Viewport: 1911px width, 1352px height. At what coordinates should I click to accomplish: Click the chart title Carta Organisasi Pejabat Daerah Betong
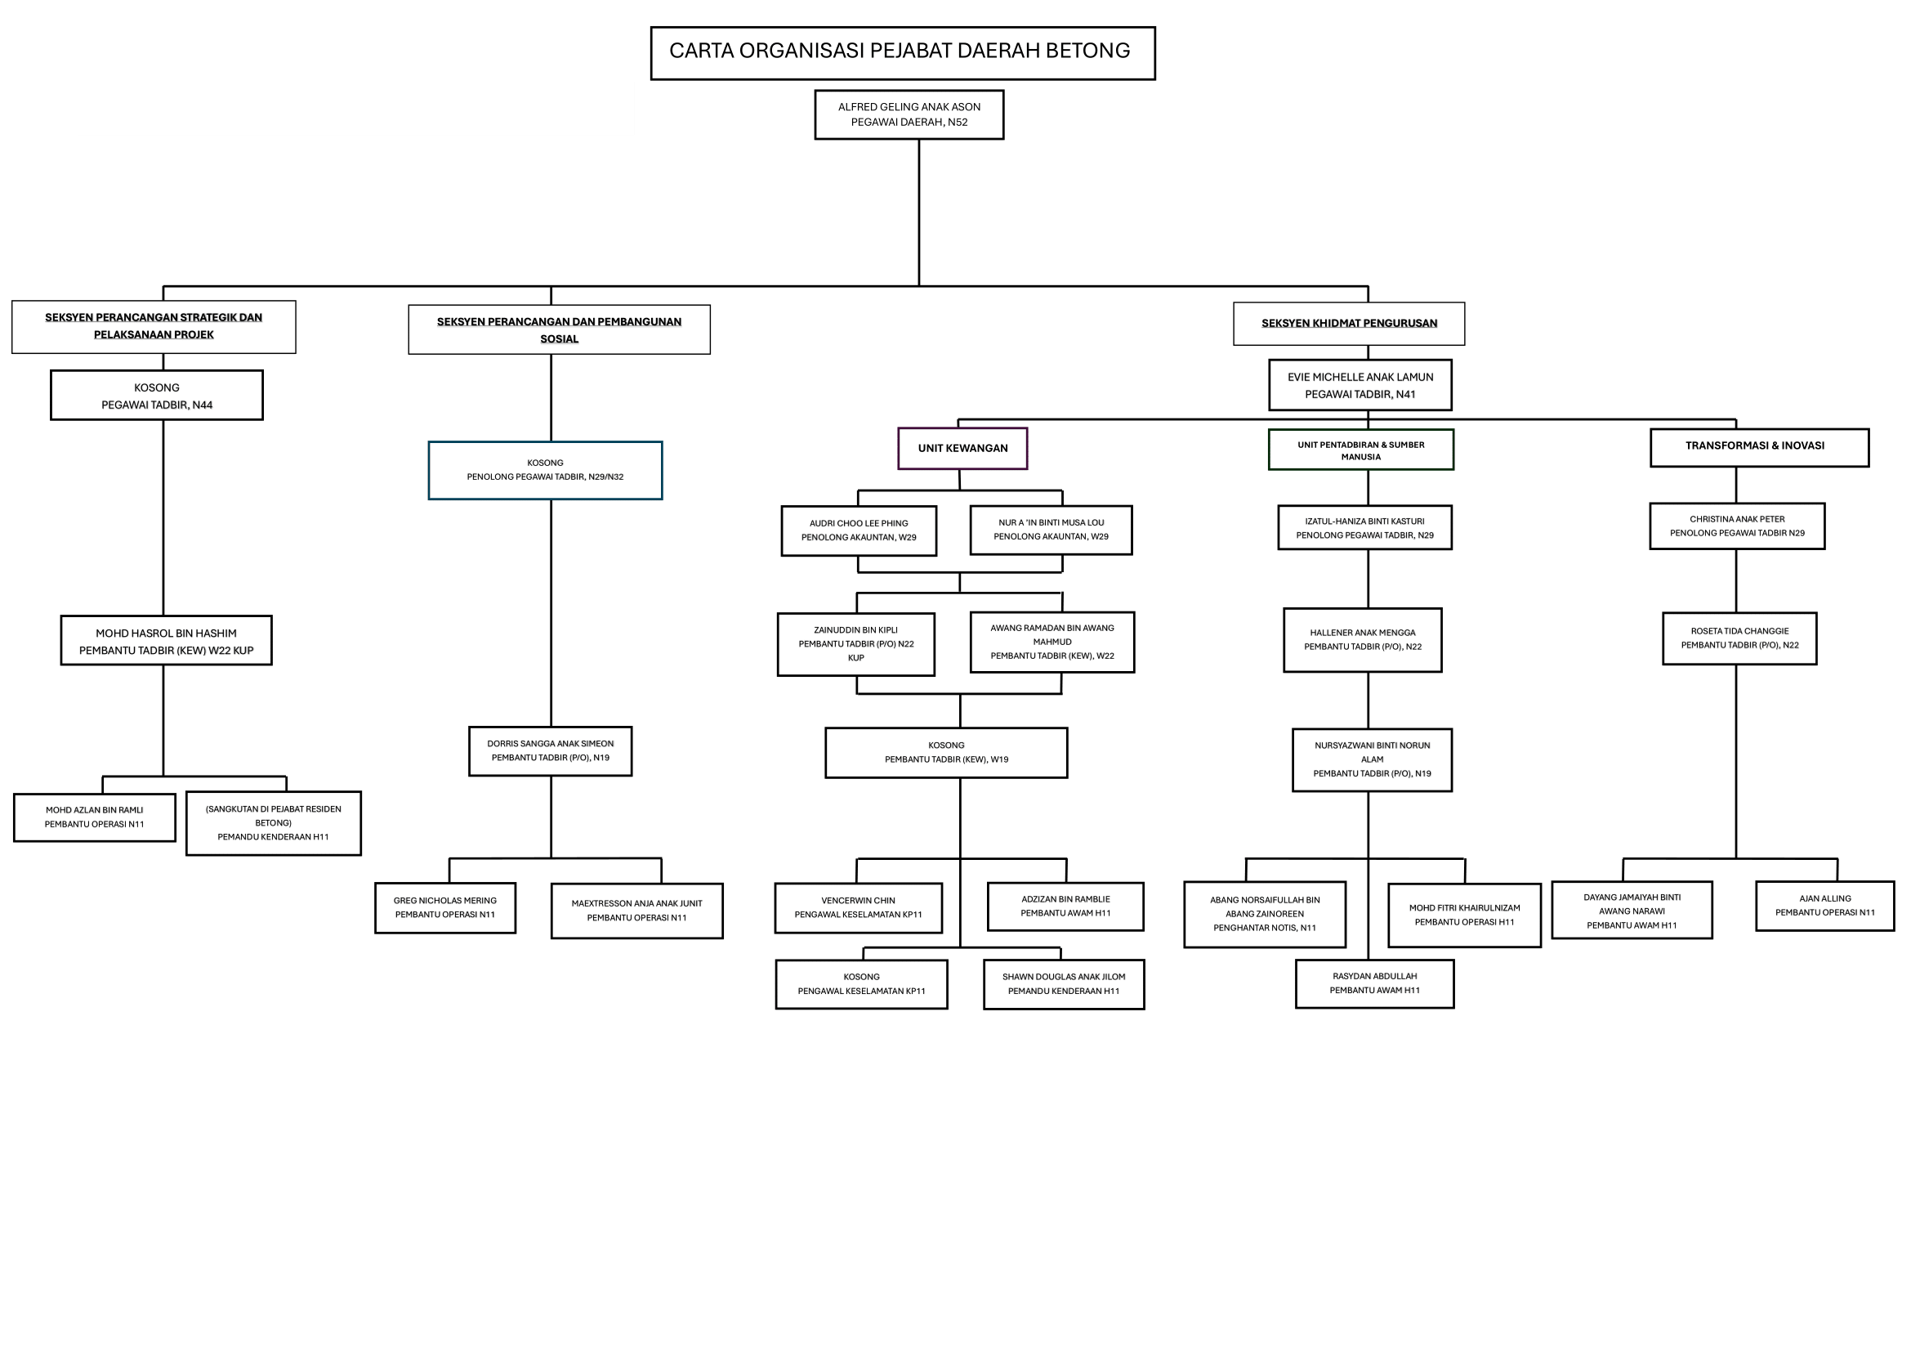[902, 52]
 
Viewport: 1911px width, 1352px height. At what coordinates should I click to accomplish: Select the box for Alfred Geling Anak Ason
[909, 115]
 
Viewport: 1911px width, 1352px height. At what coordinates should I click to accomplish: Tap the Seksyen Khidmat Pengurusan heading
[1348, 324]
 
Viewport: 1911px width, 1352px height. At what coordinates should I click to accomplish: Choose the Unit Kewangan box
[962, 449]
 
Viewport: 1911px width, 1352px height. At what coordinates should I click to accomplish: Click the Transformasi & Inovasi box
[1760, 447]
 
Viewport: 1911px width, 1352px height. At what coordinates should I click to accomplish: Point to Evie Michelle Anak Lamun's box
[1360, 386]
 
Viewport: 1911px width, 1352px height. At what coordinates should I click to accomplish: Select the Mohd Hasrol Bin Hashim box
[167, 641]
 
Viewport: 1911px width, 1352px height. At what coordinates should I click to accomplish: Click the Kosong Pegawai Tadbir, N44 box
[157, 396]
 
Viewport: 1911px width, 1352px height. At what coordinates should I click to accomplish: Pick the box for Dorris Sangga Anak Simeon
[550, 751]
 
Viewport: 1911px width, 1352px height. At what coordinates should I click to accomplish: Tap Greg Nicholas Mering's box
[445, 907]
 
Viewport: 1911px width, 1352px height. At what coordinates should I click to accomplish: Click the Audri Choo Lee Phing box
[859, 531]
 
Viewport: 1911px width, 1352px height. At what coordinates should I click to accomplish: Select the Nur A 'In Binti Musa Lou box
[1051, 531]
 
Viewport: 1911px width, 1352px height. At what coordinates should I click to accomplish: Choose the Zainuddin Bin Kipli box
[855, 644]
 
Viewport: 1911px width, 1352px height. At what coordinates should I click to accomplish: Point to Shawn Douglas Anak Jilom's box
[1064, 984]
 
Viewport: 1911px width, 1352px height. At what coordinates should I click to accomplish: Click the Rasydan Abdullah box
[1374, 983]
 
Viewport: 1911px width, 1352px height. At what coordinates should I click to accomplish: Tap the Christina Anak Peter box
[1737, 526]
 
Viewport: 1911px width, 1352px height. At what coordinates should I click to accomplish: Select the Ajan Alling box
[1824, 906]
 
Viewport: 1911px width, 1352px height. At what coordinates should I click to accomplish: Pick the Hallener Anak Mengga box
[1363, 640]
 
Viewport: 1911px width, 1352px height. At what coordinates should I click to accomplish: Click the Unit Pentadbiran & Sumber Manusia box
[1361, 450]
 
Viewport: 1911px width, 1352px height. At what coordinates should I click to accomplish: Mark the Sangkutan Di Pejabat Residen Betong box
[273, 823]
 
